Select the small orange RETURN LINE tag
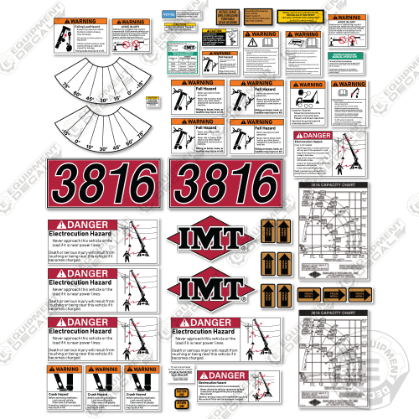click(205, 403)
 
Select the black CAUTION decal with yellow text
click(206, 391)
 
